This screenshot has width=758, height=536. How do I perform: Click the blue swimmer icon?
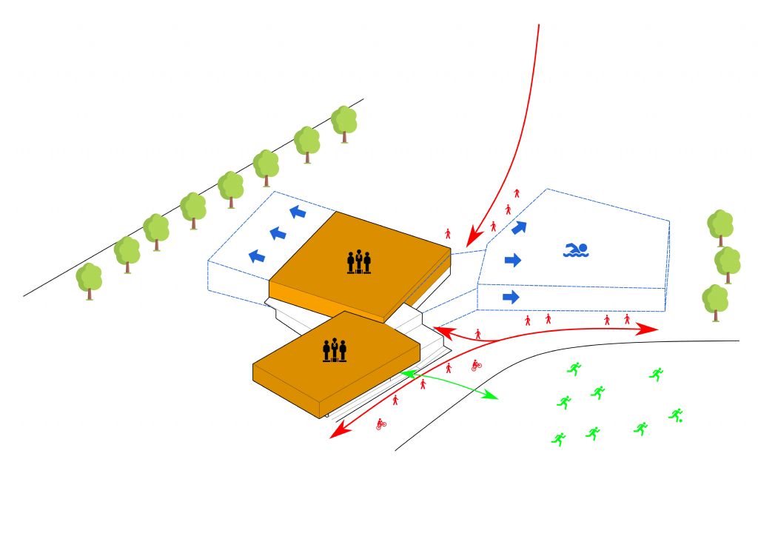575,250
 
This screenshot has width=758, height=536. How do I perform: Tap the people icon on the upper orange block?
358,262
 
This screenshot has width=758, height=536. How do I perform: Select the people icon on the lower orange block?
335,349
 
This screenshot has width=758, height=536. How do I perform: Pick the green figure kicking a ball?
675,415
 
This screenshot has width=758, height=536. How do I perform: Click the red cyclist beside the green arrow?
476,364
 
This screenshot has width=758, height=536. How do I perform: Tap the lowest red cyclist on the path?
381,424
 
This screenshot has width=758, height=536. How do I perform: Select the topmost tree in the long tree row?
344,122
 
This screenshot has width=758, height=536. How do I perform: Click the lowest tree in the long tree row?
90,280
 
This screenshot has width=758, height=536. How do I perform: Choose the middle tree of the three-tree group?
727,263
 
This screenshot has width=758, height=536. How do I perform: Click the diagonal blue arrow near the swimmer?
520,227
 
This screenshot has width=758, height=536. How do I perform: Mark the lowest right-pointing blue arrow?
511,297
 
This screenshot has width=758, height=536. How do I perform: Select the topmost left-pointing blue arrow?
297,213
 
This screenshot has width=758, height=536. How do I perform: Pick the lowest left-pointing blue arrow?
257,256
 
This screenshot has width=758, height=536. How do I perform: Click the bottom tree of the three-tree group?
715,301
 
